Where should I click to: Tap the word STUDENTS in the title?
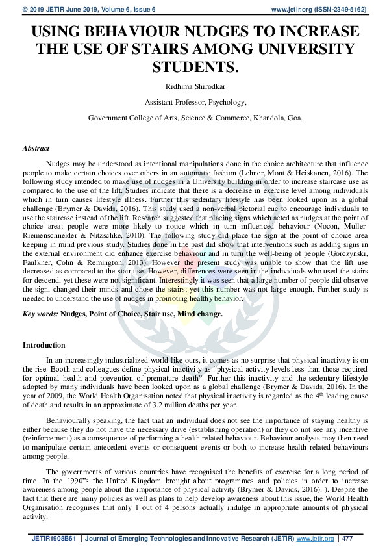tap(193, 66)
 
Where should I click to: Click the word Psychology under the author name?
tap(223, 102)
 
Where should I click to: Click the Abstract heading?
tap(36, 149)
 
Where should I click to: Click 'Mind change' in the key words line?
tap(202, 313)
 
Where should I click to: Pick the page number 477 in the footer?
tap(347, 539)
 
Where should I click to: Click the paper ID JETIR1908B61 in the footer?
tap(52, 539)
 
